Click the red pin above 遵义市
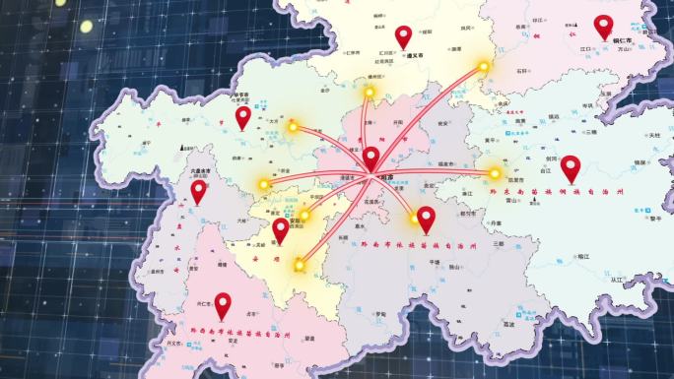(402, 37)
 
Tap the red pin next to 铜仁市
(603, 27)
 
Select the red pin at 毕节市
(242, 117)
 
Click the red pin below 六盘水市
(198, 191)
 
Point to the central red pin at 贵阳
(371, 158)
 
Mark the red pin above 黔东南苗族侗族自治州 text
(570, 167)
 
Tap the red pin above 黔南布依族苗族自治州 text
(426, 219)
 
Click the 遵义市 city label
(415, 56)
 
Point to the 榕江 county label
(583, 256)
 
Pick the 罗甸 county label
(379, 314)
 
